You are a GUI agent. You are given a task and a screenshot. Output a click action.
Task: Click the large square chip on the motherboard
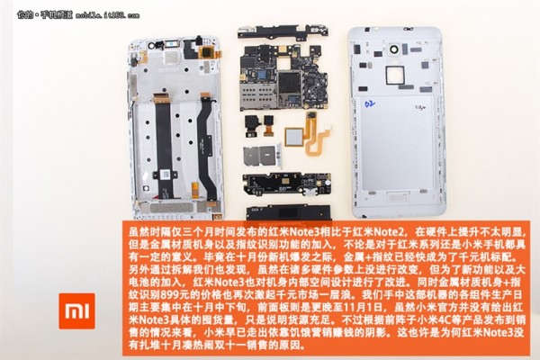tap(292, 86)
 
